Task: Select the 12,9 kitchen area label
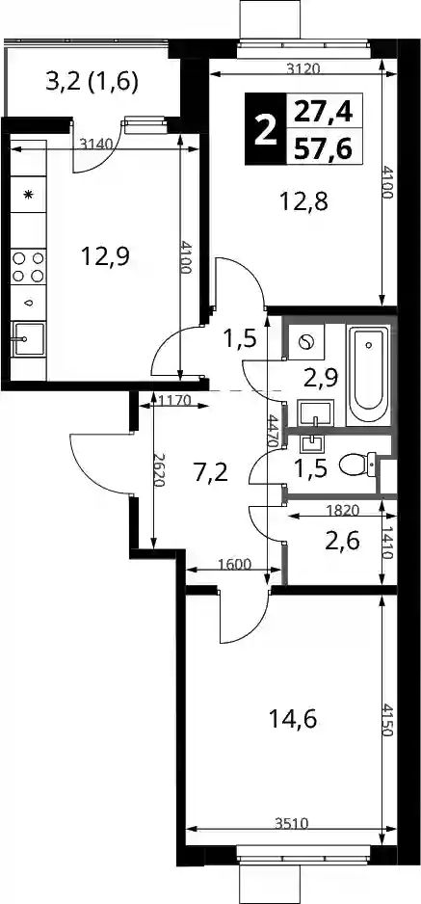[x=104, y=255]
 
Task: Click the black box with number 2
[x=265, y=128]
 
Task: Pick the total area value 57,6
[x=324, y=146]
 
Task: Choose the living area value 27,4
[x=324, y=110]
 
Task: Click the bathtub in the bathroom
[x=369, y=373]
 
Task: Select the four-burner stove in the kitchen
[x=28, y=267]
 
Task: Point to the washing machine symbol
[x=305, y=342]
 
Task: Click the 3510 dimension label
[x=291, y=824]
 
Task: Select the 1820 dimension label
[x=343, y=510]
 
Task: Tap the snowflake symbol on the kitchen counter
[x=28, y=195]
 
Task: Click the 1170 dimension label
[x=174, y=400]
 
